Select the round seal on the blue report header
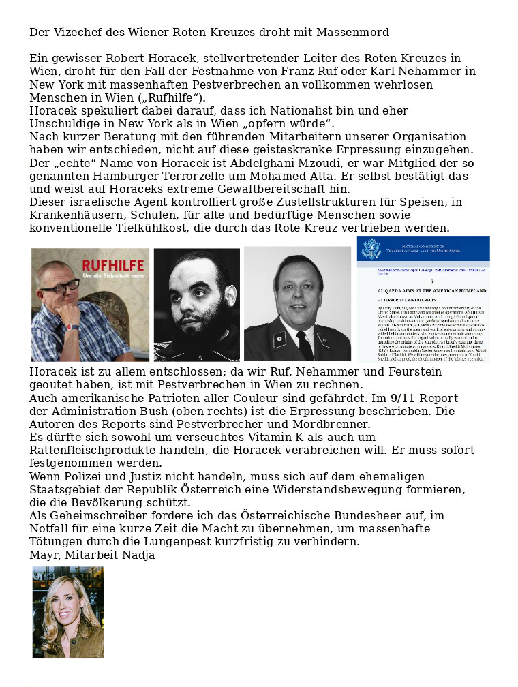[371, 248]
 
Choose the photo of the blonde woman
[68, 612]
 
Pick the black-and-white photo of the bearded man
[196, 305]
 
